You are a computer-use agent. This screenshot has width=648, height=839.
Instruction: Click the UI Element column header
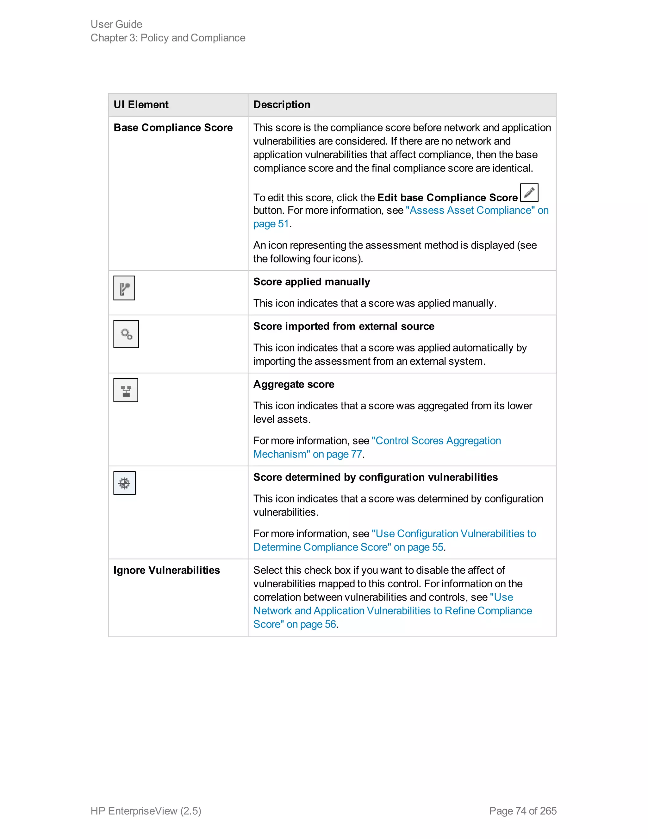tap(141, 104)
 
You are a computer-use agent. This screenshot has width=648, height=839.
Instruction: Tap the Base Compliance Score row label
tap(173, 128)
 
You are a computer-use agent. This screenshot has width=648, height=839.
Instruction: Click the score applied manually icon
tap(124, 288)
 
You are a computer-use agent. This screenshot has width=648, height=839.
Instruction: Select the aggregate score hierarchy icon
tap(126, 390)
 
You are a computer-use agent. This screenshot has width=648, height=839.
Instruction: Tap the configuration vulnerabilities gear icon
tap(124, 483)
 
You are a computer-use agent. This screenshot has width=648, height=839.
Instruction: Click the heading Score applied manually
tap(311, 282)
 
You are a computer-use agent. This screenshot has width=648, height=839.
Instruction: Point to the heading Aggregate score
tap(293, 385)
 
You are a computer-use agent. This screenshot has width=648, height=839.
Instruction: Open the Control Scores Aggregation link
tap(436, 441)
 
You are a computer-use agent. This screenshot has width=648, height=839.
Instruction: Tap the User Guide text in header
tap(116, 24)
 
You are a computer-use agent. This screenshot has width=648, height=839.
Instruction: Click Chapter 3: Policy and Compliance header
tap(168, 38)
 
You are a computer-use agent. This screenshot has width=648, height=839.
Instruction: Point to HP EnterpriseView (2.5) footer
tap(146, 811)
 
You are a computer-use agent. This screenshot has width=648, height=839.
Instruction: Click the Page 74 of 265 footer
tap(522, 811)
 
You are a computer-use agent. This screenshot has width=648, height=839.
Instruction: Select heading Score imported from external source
tap(344, 326)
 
